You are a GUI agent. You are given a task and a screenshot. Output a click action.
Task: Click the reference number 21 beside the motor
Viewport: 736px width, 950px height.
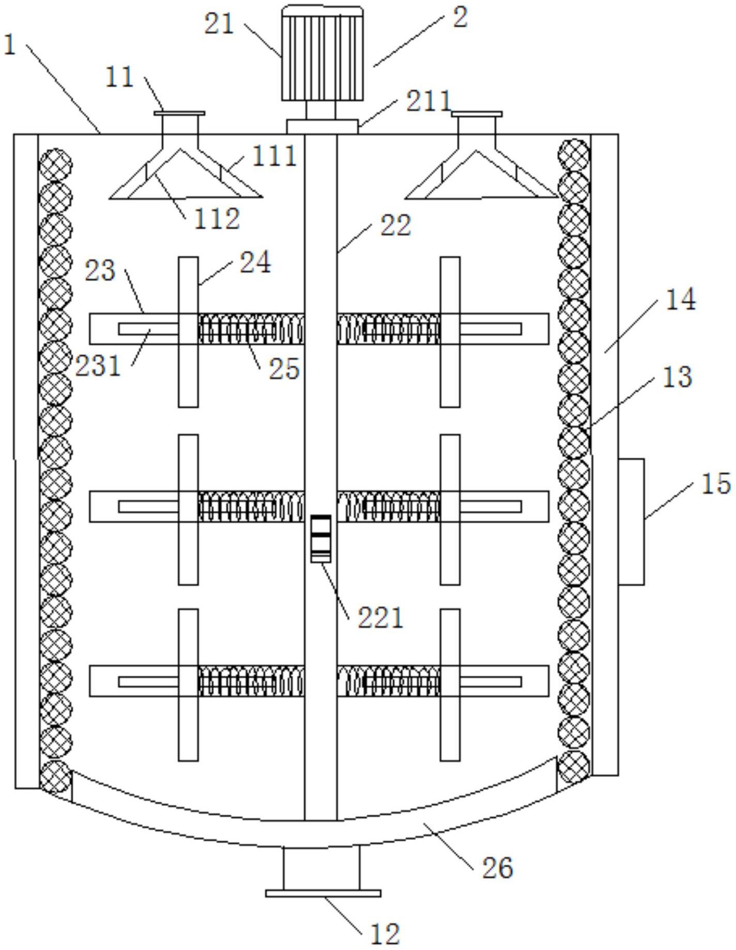point(219,25)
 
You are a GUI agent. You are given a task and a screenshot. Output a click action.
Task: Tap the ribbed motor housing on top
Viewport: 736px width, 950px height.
point(321,54)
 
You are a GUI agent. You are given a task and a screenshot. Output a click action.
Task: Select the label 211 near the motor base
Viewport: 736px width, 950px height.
point(428,101)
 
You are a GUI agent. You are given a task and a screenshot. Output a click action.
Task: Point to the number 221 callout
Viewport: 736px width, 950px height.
point(380,617)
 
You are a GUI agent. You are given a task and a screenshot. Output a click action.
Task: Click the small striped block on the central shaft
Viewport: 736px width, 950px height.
point(320,538)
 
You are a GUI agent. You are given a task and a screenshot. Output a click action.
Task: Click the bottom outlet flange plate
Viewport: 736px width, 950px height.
point(323,893)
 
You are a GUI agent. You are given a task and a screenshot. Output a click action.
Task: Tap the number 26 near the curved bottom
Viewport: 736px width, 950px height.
point(497,867)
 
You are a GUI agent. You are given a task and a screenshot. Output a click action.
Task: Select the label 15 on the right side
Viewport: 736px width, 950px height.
point(716,484)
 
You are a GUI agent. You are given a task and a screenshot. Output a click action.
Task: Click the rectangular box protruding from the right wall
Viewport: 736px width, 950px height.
point(631,521)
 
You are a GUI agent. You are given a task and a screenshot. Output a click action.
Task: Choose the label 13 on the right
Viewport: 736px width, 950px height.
point(677,377)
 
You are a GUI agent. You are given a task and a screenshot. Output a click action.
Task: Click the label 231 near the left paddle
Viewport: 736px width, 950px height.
point(98,366)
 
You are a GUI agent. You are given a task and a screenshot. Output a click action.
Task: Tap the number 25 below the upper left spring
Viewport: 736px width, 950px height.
point(284,369)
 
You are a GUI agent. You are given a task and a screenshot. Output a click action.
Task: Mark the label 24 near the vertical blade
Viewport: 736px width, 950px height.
point(254,262)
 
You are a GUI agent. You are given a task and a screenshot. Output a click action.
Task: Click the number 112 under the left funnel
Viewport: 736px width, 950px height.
point(217,219)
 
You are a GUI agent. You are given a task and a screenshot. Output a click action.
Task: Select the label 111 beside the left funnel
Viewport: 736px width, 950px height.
point(274,156)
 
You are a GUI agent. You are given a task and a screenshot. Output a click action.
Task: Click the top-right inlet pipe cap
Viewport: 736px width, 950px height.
point(477,114)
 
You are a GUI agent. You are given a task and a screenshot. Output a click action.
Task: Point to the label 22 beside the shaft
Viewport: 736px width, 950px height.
point(395,226)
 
